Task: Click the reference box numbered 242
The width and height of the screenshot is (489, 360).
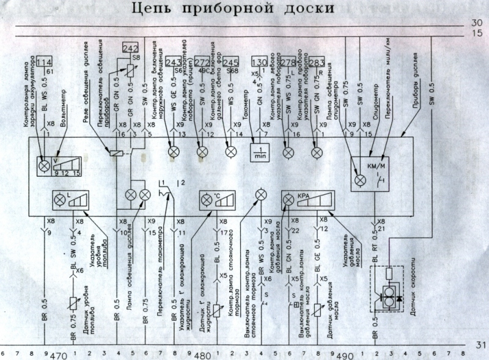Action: tap(131, 48)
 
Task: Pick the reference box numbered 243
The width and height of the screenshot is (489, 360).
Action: tap(174, 62)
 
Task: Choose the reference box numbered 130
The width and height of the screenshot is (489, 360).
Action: tap(260, 62)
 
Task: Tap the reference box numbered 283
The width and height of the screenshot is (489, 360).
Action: tap(317, 62)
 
